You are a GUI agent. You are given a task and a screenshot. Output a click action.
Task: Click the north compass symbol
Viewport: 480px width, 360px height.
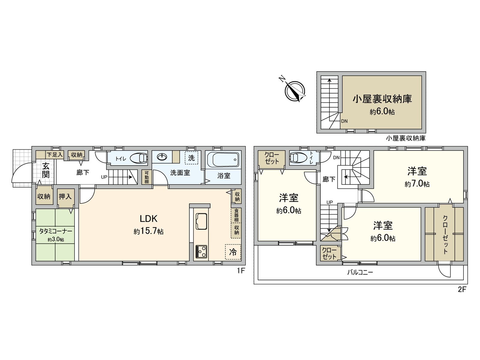click(295, 91)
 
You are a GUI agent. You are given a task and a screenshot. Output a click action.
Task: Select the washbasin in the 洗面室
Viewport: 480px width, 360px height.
click(162, 157)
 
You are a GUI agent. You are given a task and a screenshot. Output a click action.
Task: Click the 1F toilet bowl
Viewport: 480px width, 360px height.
click(139, 158)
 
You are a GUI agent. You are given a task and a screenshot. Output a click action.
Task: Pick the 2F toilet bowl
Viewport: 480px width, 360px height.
click(298, 157)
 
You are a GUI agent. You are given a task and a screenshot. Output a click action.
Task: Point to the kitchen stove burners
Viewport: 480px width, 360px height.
click(201, 251)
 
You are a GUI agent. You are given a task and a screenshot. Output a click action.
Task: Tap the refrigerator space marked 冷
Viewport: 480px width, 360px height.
click(233, 252)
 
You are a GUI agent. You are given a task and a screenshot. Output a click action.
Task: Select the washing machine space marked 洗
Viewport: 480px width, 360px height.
click(191, 157)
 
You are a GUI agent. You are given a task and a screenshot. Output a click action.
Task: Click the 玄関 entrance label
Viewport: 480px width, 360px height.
click(46, 170)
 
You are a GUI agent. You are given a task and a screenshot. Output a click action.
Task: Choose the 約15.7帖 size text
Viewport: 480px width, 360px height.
click(148, 231)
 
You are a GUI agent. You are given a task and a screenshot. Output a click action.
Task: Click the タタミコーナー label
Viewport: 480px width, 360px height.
click(55, 231)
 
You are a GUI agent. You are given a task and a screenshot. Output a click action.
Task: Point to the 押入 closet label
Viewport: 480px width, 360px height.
click(65, 196)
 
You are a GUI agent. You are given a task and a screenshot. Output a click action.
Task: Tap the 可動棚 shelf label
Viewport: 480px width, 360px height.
click(147, 177)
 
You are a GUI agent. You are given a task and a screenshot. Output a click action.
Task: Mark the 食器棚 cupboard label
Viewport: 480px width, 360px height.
click(236, 215)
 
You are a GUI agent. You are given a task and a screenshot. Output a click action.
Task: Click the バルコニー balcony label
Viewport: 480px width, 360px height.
click(360, 272)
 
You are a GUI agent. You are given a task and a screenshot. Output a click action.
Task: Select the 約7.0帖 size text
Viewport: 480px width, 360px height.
click(417, 184)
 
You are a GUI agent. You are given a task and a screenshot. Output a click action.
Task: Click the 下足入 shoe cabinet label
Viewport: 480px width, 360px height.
click(55, 155)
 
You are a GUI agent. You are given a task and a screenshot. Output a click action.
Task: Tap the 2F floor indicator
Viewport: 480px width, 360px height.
click(462, 289)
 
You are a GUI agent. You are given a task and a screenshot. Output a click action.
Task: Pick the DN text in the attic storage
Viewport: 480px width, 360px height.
click(344, 121)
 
